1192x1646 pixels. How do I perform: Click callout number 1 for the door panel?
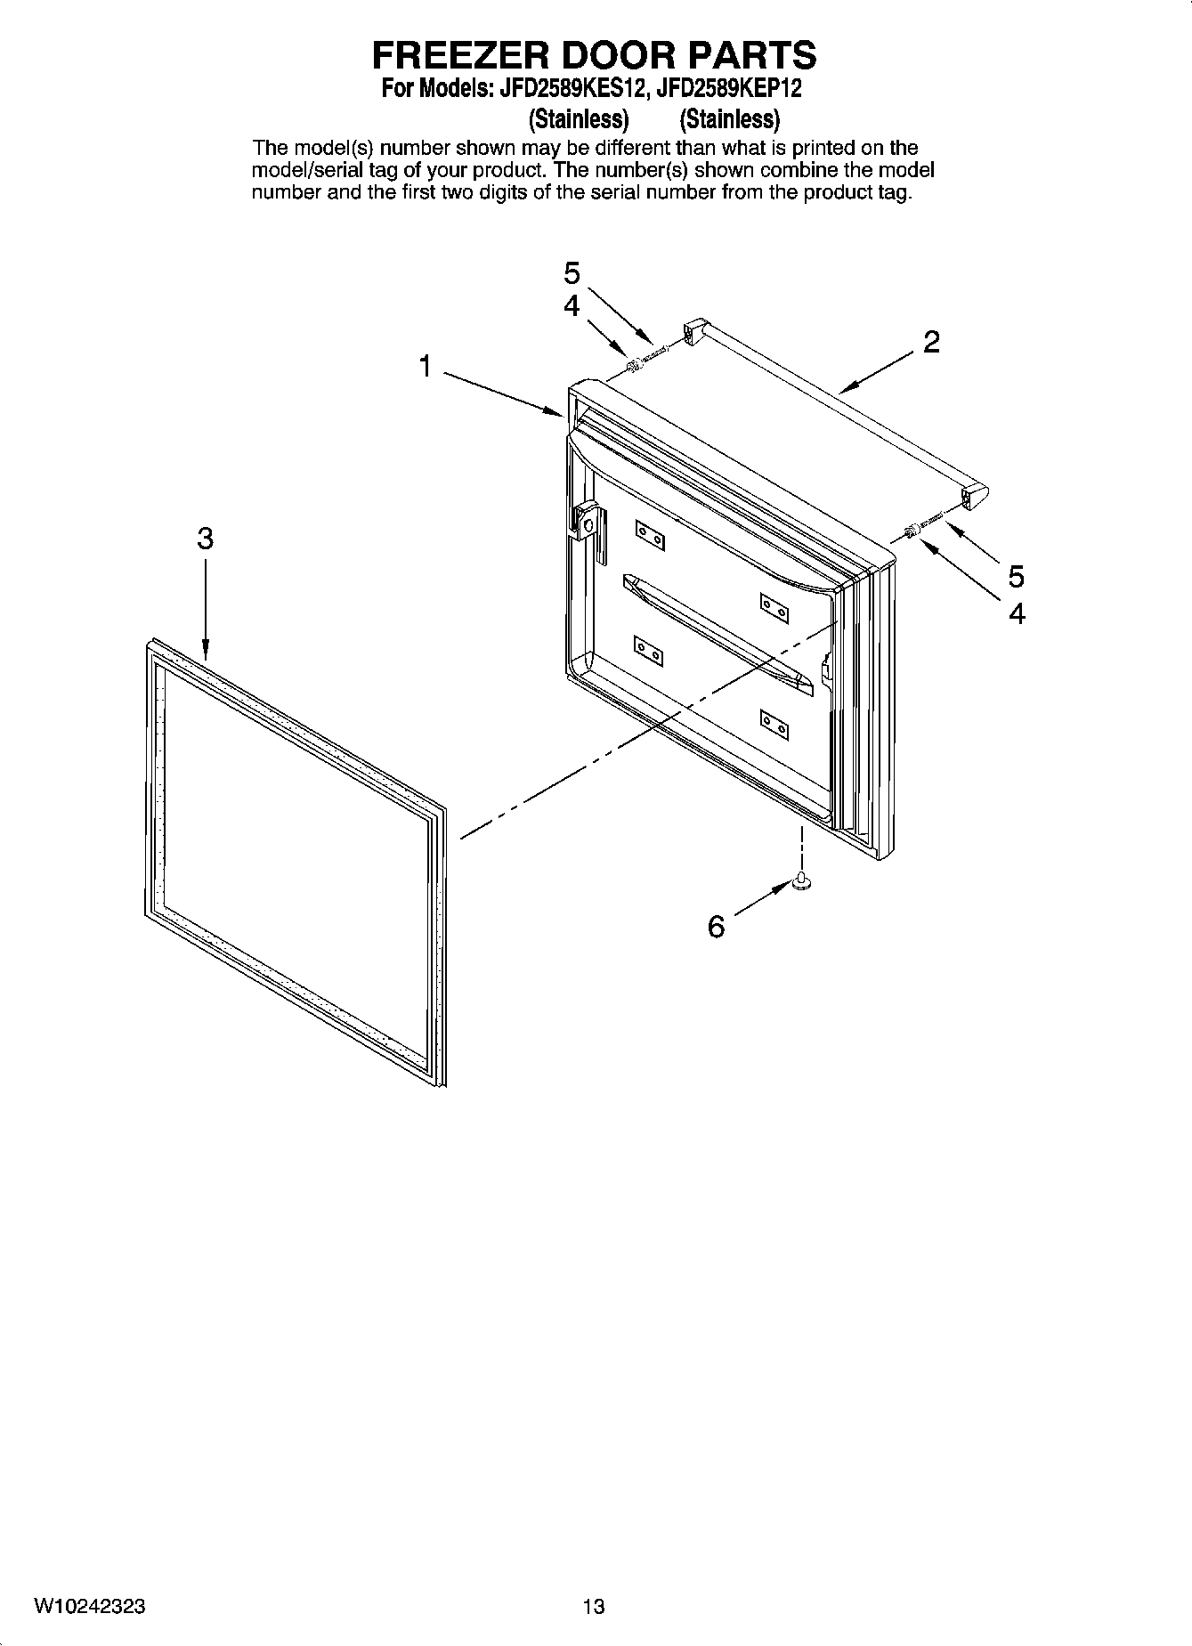[x=426, y=366]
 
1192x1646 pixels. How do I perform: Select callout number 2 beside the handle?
[x=931, y=342]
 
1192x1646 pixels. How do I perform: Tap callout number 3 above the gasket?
[x=205, y=539]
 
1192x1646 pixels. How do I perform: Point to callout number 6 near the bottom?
[x=716, y=927]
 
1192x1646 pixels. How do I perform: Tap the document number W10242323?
[x=90, y=1607]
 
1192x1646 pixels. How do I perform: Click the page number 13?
[x=594, y=1607]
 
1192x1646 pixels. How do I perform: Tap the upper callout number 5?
[x=572, y=272]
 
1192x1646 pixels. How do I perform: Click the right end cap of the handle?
[x=977, y=495]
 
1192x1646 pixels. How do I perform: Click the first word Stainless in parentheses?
[x=579, y=118]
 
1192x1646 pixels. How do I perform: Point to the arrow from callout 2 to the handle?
[x=877, y=371]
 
